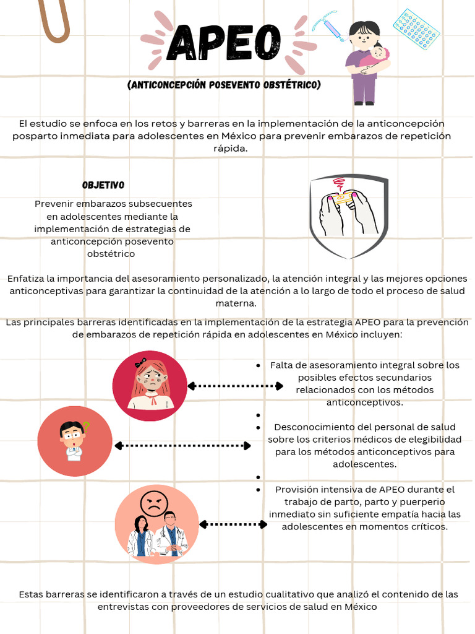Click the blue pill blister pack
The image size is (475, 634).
416,29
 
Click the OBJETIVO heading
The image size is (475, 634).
103,185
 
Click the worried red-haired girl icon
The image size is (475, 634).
150,385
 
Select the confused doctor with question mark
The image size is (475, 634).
74,441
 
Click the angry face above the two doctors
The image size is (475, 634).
153,503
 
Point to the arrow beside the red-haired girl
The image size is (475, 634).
235,386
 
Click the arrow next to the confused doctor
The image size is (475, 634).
183,445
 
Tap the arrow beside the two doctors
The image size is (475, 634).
233,524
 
